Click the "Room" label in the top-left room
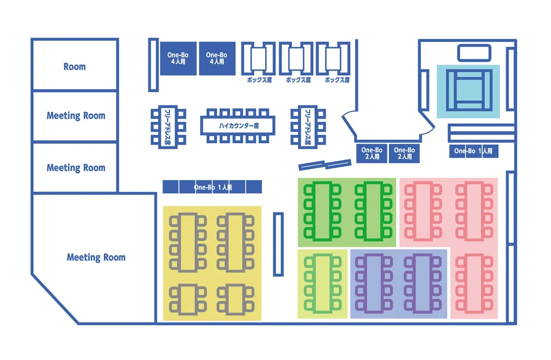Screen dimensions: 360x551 pos(74,67)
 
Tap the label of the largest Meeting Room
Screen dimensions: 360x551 pos(96,257)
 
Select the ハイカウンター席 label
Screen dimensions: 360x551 pos(238,125)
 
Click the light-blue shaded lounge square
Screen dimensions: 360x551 pos(468,91)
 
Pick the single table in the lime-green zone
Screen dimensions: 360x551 pos(322,283)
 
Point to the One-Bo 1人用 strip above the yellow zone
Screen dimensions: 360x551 pos(213,187)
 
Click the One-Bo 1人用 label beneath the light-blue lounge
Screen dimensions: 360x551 pos(474,151)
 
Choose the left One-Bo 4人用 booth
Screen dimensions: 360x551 pos(178,58)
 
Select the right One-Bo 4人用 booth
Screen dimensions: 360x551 pos(217,58)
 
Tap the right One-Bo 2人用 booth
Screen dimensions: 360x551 pos(404,153)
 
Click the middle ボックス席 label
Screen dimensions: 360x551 pos(299,80)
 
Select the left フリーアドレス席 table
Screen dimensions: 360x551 pos(168,126)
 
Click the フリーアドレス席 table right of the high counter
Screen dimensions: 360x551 pos(308,126)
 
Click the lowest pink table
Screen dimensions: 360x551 pos(474,283)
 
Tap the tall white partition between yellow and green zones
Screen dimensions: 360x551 pos(278,244)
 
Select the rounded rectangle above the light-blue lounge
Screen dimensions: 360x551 pos(474,53)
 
